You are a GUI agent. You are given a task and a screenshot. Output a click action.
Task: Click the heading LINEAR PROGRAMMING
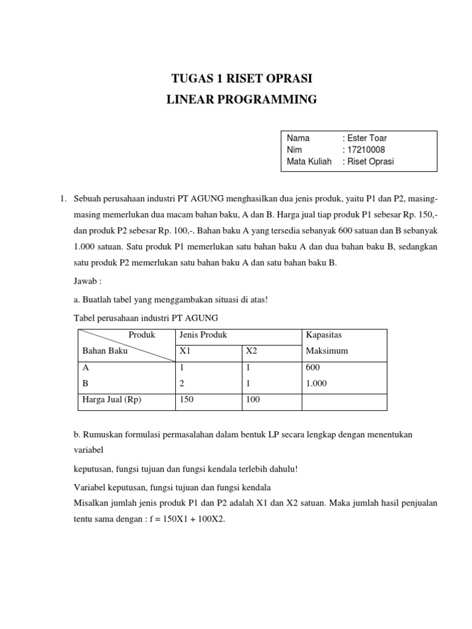click(x=242, y=99)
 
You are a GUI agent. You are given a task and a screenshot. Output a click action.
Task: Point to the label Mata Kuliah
click(x=309, y=162)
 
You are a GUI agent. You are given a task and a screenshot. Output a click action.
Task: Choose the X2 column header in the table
click(x=252, y=351)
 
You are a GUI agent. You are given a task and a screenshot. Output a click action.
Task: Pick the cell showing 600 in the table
click(x=312, y=367)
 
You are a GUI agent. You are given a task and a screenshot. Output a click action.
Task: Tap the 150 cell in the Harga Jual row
click(x=185, y=399)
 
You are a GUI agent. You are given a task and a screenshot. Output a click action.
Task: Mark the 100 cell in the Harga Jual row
click(x=253, y=399)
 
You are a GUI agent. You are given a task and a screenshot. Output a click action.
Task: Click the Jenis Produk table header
click(x=203, y=335)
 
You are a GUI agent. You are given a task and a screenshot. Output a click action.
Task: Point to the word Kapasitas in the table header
click(x=323, y=335)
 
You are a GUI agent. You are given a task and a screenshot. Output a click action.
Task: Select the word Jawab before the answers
click(x=87, y=281)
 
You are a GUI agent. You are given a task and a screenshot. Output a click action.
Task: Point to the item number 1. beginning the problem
click(x=62, y=199)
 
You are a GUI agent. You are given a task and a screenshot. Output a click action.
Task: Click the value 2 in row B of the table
click(x=180, y=383)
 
